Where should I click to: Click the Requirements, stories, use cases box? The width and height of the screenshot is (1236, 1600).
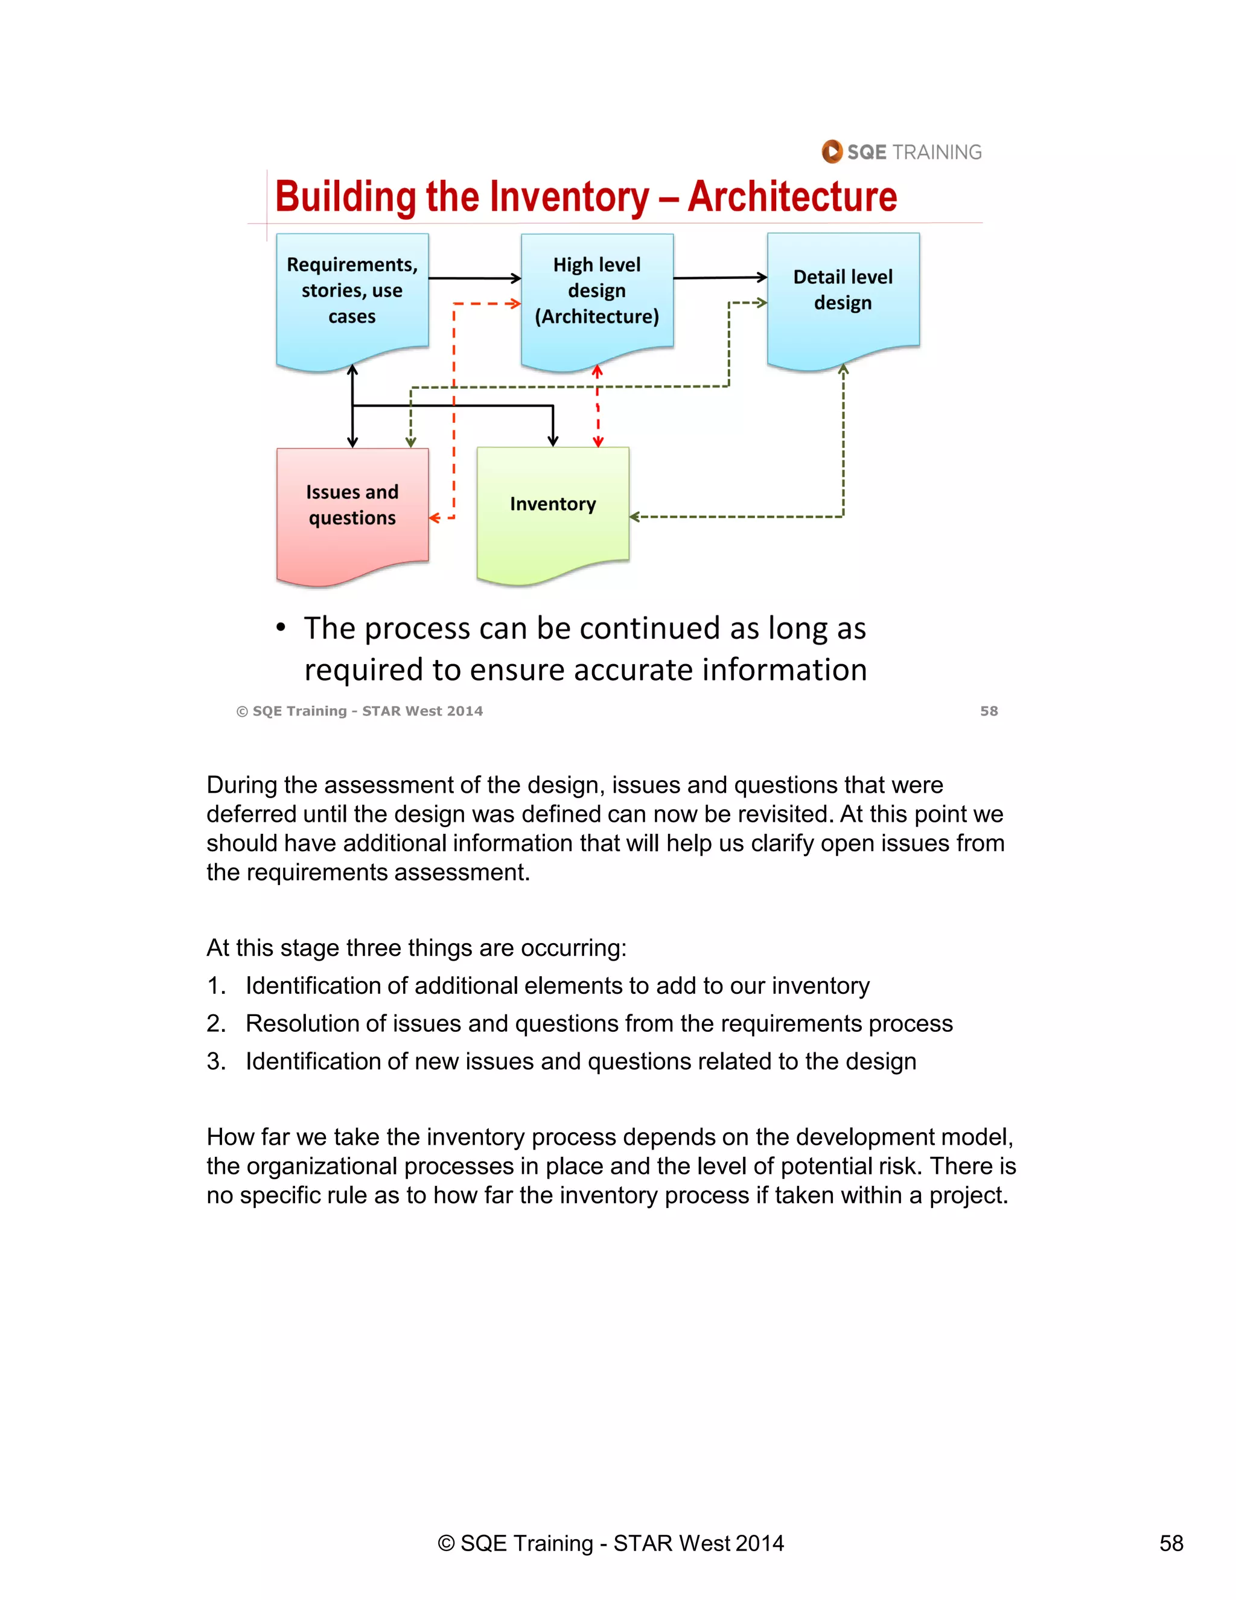[352, 293]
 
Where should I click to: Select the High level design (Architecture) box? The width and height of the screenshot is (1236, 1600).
[597, 293]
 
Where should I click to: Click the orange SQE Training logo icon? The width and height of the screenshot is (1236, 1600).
[832, 152]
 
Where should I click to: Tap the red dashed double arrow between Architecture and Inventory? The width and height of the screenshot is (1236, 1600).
[597, 406]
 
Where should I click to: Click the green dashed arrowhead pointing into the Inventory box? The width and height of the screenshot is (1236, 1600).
[634, 517]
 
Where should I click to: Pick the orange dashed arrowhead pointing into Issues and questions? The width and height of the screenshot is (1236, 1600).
[434, 518]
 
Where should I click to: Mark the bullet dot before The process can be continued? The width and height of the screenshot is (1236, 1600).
[281, 628]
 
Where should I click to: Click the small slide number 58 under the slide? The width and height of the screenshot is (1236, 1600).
[989, 711]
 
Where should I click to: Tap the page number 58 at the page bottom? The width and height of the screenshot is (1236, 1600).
[1171, 1544]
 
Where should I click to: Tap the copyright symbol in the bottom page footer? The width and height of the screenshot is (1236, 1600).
[446, 1544]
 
